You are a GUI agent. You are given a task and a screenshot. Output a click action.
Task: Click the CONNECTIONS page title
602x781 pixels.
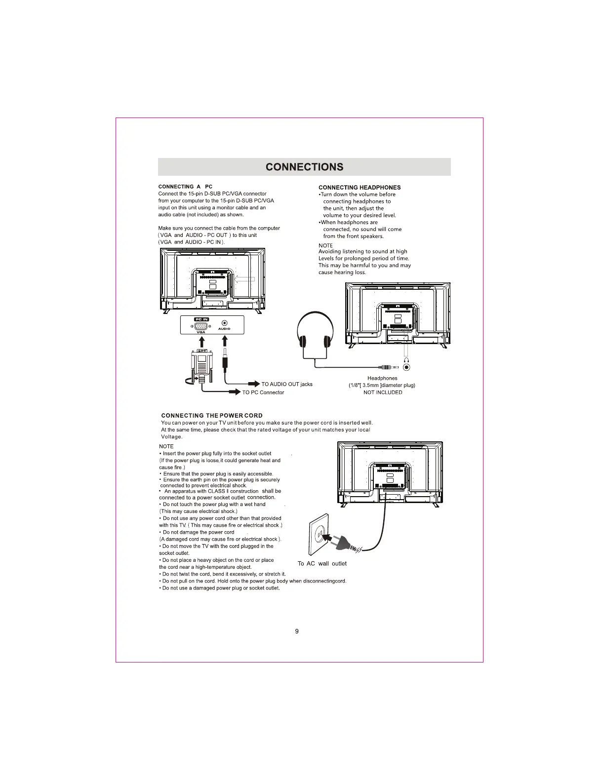coord(304,167)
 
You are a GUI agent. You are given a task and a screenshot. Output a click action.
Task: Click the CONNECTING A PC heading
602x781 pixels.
coord(185,187)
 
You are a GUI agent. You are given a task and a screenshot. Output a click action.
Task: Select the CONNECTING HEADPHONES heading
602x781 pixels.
coord(360,188)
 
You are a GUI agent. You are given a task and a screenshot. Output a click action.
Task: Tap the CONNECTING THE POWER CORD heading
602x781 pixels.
coord(212,416)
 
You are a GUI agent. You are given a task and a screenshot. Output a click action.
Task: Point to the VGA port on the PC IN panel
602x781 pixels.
coord(201,326)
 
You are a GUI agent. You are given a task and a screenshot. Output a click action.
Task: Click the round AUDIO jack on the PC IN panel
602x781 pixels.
coord(224,323)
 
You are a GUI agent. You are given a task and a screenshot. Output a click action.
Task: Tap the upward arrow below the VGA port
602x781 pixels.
coord(201,340)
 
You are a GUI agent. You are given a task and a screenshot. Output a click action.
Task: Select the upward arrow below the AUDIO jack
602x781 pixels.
coord(225,340)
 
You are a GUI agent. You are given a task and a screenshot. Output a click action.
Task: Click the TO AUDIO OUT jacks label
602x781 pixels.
coord(286,384)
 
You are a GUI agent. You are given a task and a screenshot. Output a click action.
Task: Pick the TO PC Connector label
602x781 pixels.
coord(263,392)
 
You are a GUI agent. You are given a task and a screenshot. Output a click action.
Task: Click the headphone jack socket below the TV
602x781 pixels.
coord(406,367)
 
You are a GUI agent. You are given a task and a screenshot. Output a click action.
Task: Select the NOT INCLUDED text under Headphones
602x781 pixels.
coord(383,392)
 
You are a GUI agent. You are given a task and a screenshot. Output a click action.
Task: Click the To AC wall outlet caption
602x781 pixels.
coord(322,564)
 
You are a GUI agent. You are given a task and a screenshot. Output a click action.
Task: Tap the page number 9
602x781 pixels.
coord(297,631)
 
